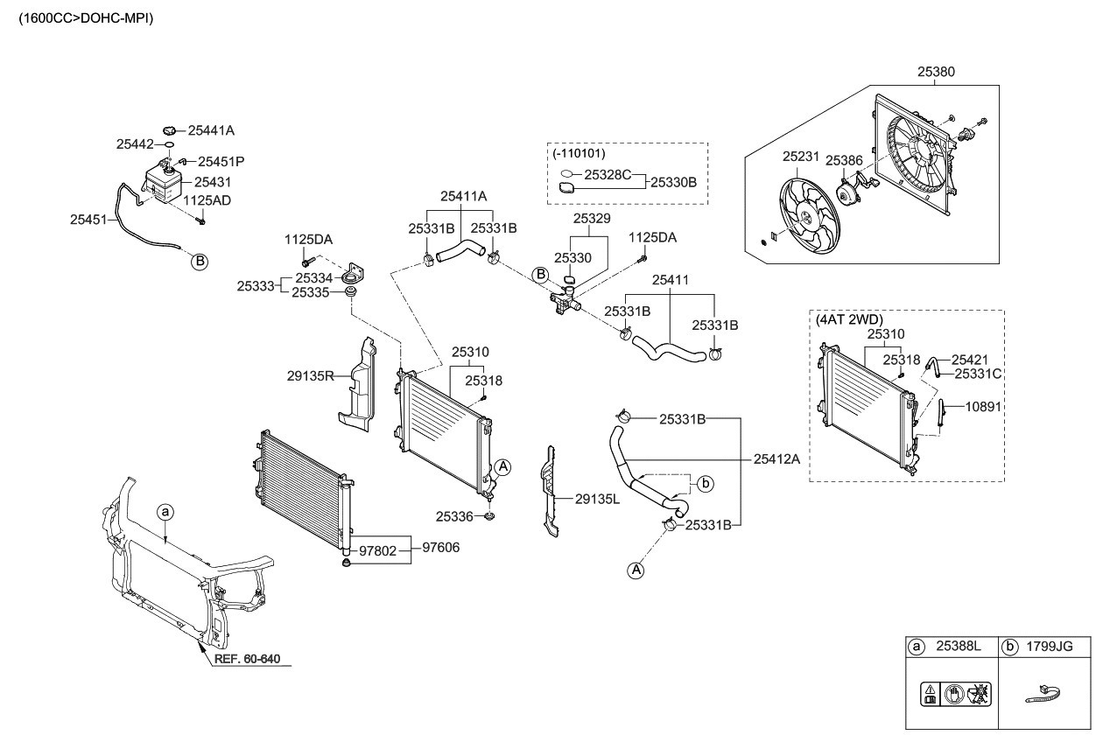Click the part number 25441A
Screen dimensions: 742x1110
[x=211, y=130]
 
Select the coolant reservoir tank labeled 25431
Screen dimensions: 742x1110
[x=163, y=182]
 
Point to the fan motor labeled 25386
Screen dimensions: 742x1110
[x=847, y=193]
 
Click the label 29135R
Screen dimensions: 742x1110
[x=311, y=377]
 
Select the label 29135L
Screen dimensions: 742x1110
[x=597, y=499]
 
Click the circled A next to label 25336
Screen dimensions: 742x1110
[x=502, y=467]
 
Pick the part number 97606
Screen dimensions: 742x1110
[x=441, y=548]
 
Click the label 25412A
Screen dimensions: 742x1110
[x=777, y=458]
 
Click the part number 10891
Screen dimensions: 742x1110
[x=983, y=406]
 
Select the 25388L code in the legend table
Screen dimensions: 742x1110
[x=959, y=647]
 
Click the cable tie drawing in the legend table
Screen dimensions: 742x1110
[x=1046, y=693]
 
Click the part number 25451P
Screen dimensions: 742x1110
[x=221, y=162]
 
